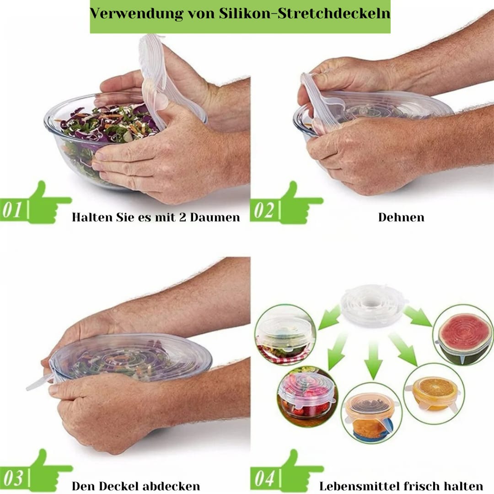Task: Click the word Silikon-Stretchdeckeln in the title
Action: [x=305, y=14]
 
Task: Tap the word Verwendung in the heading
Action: [x=136, y=14]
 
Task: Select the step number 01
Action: [x=12, y=210]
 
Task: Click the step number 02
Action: [x=264, y=210]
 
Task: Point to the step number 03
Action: [x=13, y=478]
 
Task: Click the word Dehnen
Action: [x=401, y=217]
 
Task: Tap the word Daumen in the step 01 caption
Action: [x=215, y=217]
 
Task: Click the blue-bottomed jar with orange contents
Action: [x=372, y=414]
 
